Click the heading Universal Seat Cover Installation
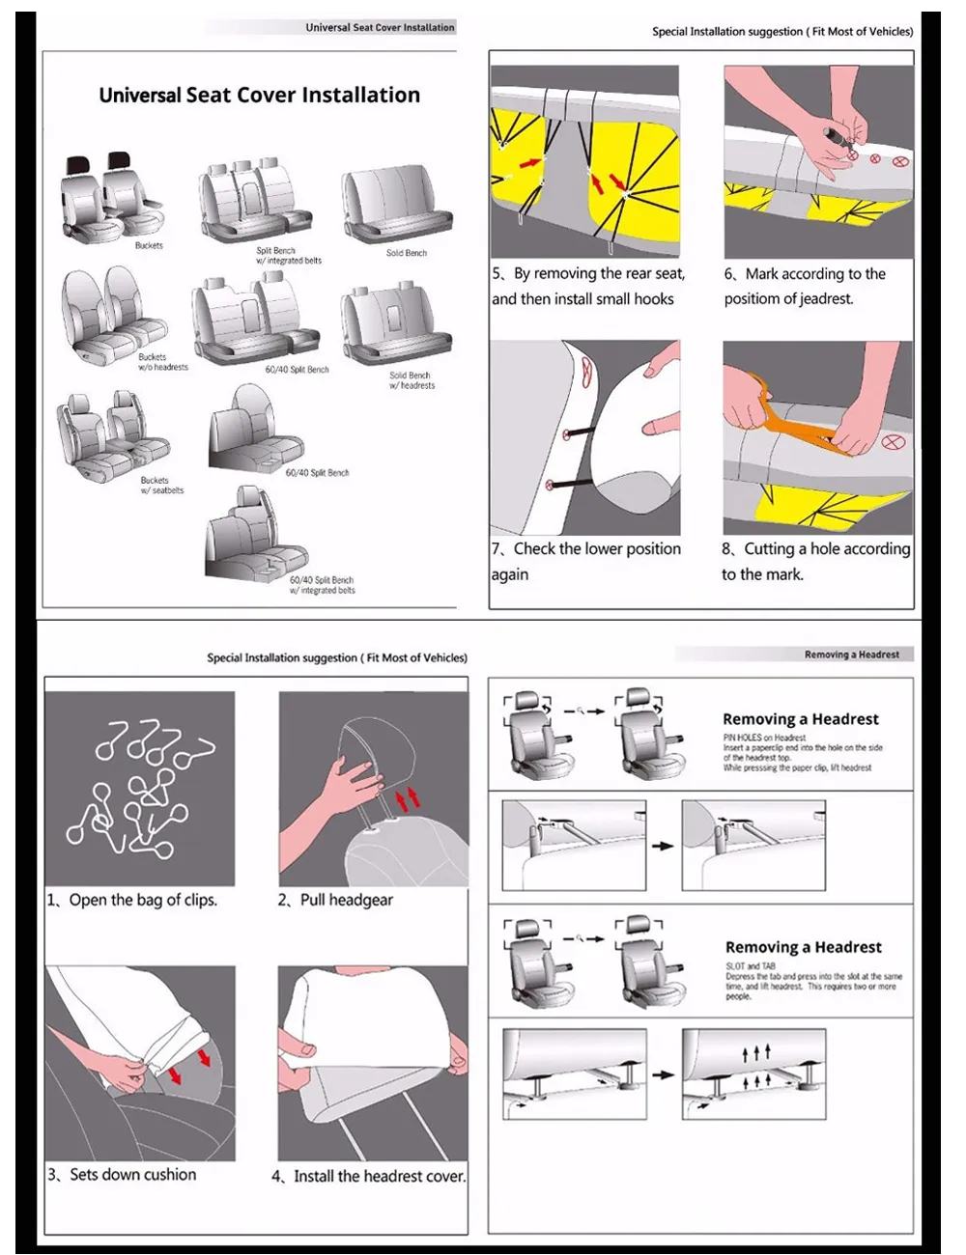pyautogui.click(x=259, y=95)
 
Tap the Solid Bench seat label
pyautogui.click(x=406, y=253)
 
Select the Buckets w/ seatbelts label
pyautogui.click(x=161, y=485)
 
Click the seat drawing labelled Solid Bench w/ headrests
pyautogui.click(x=395, y=324)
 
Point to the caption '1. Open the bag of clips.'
pyautogui.click(x=132, y=900)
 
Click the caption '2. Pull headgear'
pyautogui.click(x=335, y=900)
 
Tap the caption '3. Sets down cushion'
pyautogui.click(x=122, y=1174)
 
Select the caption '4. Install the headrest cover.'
pyautogui.click(x=368, y=1176)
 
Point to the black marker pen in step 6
pyautogui.click(x=832, y=132)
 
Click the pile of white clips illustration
pyautogui.click(x=140, y=788)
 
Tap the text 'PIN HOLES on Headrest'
pyautogui.click(x=764, y=738)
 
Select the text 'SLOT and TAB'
pyautogui.click(x=751, y=965)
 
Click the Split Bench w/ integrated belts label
pyautogui.click(x=288, y=256)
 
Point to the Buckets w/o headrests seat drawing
pyautogui.click(x=110, y=313)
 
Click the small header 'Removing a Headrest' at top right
pyautogui.click(x=851, y=655)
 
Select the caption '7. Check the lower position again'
pyautogui.click(x=585, y=561)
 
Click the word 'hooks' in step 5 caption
pyautogui.click(x=654, y=299)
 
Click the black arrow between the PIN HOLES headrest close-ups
pyautogui.click(x=663, y=846)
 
